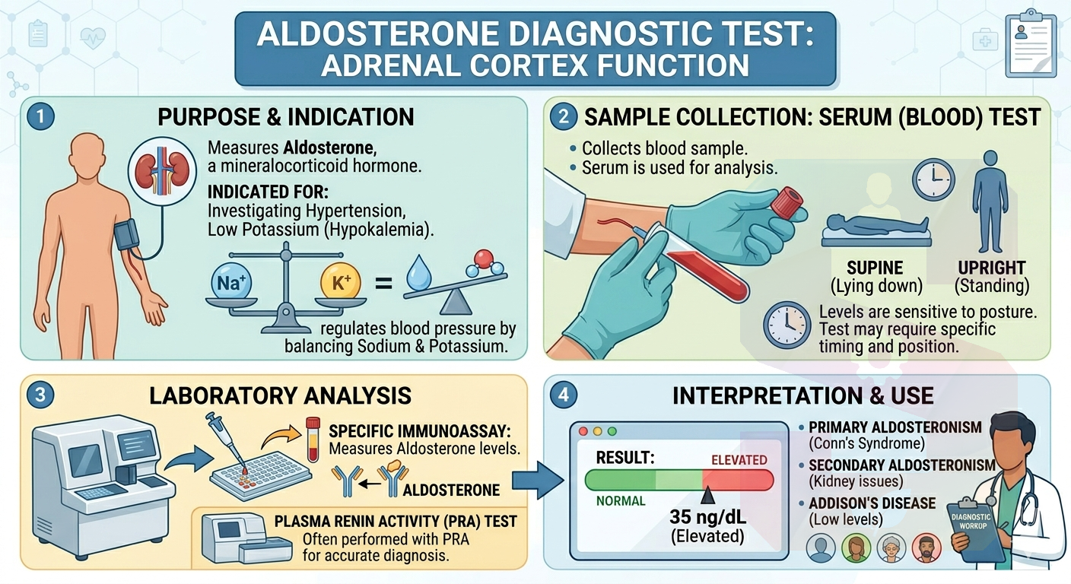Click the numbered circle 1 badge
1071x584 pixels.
coord(40,116)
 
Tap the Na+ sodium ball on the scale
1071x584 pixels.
coord(232,282)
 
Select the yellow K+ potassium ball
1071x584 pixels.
coord(341,282)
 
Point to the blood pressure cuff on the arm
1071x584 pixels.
coord(127,237)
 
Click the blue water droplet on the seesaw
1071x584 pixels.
coord(419,273)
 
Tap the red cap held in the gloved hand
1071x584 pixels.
coord(787,204)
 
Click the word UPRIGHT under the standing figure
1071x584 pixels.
coord(992,268)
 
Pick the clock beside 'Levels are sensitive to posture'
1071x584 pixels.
coord(787,325)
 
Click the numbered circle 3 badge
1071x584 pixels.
coord(40,395)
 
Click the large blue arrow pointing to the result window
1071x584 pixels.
coord(538,481)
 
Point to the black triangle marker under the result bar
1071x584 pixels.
coord(707,496)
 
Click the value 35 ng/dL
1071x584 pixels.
coord(707,517)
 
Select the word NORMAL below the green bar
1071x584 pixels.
coord(621,501)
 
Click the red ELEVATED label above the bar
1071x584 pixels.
coord(739,460)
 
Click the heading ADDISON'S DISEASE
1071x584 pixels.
coord(872,503)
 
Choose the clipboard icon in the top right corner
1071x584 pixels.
coord(1031,46)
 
